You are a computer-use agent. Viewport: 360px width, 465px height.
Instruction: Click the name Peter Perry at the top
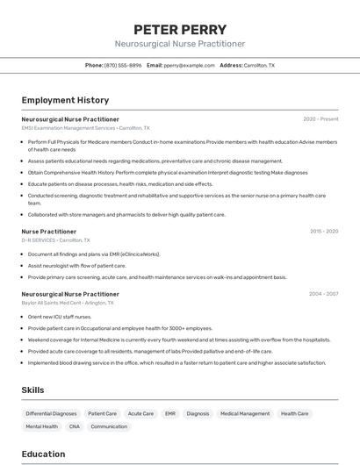(179, 29)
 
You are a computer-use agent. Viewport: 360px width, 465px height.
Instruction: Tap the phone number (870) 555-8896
(122, 65)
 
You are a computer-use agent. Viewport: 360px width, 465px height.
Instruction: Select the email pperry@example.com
(189, 65)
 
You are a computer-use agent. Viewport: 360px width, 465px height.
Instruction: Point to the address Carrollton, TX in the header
(259, 65)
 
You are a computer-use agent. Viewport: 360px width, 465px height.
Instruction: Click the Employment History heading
(65, 100)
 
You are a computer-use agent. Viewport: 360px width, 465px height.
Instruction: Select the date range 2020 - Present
(320, 118)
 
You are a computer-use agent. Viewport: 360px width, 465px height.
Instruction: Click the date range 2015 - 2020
(324, 232)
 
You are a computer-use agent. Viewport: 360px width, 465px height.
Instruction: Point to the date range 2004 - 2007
(323, 294)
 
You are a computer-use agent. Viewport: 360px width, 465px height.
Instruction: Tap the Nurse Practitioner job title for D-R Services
(49, 232)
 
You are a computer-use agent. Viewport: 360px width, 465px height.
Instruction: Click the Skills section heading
(33, 390)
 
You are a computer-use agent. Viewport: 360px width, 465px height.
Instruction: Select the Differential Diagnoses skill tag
(51, 413)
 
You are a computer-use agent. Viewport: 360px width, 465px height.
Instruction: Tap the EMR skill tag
(170, 413)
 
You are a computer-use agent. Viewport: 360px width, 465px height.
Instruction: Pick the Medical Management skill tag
(245, 413)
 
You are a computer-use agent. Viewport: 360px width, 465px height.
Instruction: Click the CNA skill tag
(75, 426)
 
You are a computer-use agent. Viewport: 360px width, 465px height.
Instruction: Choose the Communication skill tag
(109, 426)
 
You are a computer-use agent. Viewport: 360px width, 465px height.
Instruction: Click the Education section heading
(44, 454)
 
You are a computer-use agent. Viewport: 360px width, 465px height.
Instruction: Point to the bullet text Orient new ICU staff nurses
(60, 316)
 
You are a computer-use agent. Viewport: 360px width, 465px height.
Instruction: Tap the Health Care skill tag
(295, 413)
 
